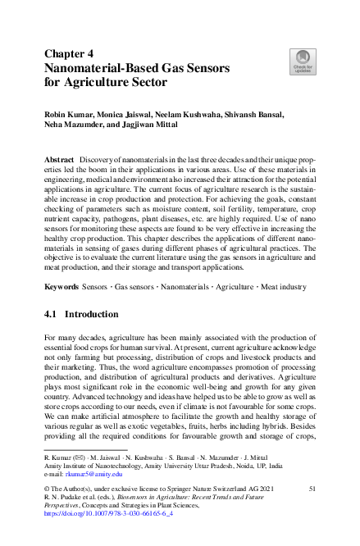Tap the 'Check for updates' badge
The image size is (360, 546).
point(301,61)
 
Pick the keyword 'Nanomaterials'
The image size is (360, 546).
point(185,288)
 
